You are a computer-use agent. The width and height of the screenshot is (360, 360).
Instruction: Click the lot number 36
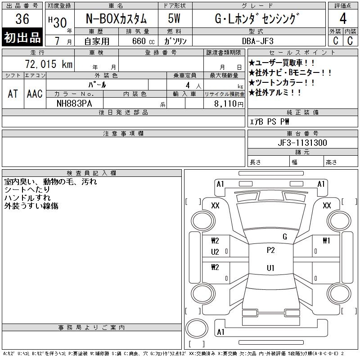22,18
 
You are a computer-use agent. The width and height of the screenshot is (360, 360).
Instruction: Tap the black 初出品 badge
22,37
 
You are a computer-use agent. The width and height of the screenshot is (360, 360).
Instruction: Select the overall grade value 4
343,18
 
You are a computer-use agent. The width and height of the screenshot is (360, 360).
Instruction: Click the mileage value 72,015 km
49,64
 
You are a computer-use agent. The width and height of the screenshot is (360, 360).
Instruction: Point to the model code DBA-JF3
257,41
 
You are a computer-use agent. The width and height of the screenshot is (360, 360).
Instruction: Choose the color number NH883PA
74,103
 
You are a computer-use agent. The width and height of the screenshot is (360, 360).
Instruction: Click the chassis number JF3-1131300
302,143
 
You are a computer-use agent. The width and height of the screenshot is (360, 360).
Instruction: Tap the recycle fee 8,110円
229,104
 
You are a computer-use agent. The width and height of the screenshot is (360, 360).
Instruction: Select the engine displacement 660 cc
143,41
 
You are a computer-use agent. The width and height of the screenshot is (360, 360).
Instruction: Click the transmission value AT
13,94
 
